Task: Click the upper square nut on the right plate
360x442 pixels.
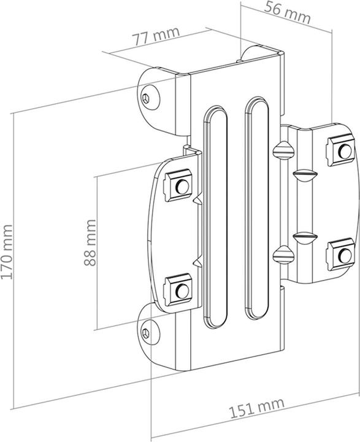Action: [x=339, y=149]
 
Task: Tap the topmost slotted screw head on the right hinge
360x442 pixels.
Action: [x=283, y=149]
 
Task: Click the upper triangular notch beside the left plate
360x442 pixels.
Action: [x=197, y=201]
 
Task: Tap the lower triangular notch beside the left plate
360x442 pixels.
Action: [x=197, y=262]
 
